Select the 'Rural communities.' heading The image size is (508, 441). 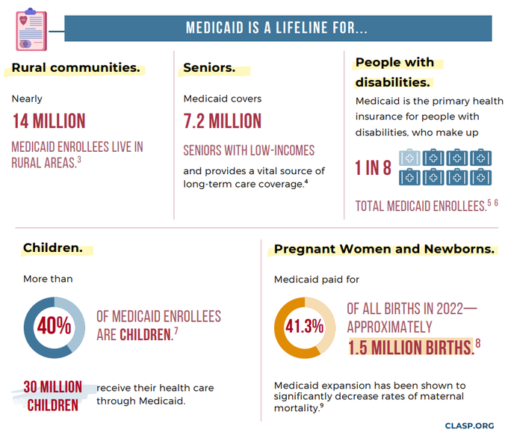(75, 68)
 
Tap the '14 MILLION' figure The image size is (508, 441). (49, 121)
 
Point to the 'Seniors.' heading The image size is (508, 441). (209, 68)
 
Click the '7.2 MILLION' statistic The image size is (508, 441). (223, 121)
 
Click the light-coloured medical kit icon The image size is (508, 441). (410, 158)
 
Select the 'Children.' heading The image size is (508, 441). (52, 247)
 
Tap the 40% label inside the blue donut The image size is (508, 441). (55, 327)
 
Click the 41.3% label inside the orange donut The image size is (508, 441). (305, 327)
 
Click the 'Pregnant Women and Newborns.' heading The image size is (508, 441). (384, 249)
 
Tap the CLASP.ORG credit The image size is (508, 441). (469, 425)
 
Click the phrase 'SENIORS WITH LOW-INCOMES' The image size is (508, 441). (249, 150)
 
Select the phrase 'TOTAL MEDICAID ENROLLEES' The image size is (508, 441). (421, 206)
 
